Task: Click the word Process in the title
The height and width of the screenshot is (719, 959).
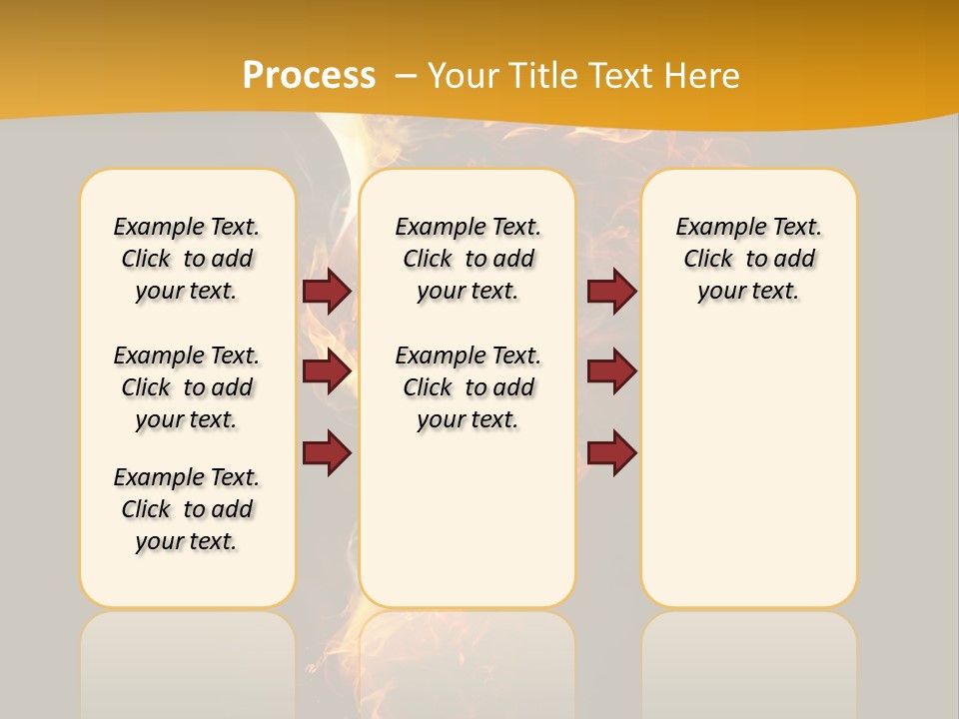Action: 309,76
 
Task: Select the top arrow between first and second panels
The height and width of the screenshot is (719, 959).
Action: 327,291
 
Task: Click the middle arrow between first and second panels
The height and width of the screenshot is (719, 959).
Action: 327,371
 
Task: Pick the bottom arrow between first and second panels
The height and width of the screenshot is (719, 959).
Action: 327,452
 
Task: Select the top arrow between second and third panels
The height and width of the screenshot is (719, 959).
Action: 611,291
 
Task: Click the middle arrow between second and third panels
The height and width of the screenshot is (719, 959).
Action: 611,371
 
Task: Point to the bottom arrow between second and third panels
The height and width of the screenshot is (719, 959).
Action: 611,452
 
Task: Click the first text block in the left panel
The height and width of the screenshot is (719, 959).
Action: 187,259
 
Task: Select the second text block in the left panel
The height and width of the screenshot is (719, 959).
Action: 187,387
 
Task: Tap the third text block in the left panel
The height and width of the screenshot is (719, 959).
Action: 187,509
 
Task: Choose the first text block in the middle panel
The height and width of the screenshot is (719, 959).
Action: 469,259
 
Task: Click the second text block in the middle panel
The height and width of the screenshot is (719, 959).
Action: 469,387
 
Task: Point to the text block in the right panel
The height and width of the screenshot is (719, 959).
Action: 749,259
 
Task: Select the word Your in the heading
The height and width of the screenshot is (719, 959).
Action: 465,76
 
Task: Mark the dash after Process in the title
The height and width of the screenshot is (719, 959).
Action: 406,76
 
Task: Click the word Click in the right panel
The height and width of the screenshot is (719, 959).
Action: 708,260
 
